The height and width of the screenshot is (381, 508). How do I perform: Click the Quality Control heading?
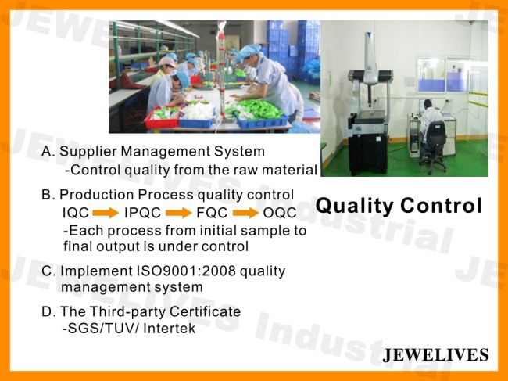click(399, 206)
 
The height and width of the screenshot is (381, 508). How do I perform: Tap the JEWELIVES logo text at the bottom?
click(435, 354)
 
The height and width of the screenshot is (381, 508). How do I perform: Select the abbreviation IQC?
click(76, 213)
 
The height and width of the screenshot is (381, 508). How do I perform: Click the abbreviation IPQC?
click(142, 213)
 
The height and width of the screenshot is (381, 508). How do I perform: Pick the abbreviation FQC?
click(212, 213)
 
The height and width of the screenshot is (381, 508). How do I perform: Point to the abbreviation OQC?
click(280, 213)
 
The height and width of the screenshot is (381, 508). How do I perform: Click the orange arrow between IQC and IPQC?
click(106, 213)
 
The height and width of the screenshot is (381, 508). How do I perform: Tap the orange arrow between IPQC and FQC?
click(178, 213)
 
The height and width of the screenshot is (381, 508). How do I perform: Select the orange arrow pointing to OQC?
click(245, 213)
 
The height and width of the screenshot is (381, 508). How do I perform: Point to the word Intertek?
click(169, 329)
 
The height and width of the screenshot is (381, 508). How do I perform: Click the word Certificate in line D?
click(205, 311)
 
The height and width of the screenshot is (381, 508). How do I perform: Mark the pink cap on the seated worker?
click(166, 61)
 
